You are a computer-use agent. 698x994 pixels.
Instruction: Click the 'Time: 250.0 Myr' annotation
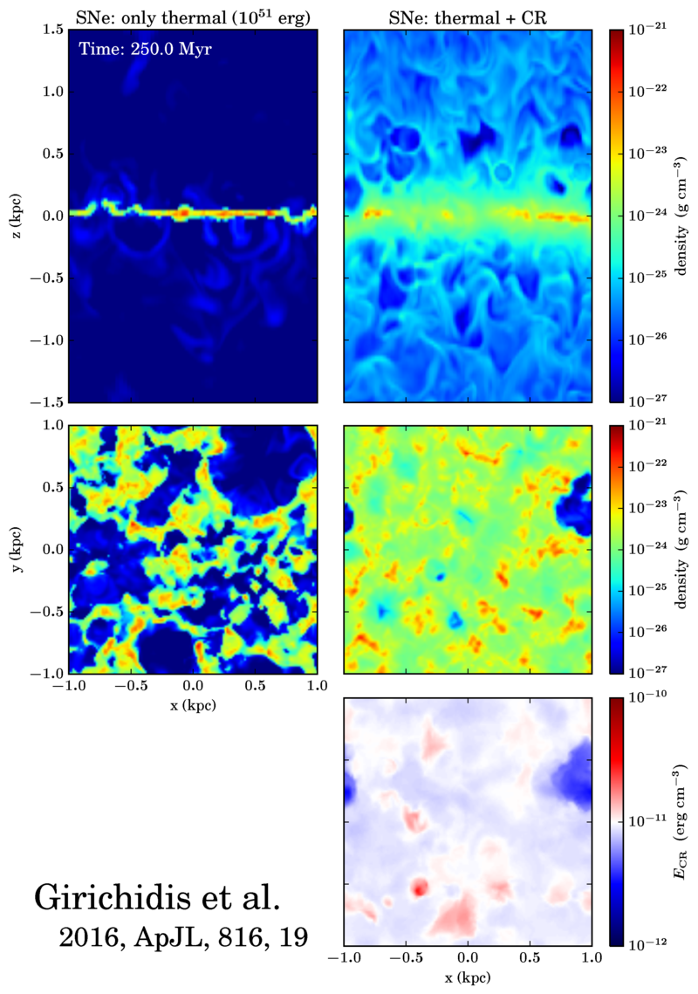[x=144, y=49]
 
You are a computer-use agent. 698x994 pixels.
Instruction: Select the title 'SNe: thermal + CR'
[x=468, y=13]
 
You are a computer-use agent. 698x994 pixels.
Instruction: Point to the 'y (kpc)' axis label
[x=20, y=549]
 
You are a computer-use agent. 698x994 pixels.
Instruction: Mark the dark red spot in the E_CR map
[x=420, y=888]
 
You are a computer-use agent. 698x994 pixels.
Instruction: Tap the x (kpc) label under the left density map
[x=193, y=705]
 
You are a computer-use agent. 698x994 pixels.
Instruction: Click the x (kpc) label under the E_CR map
[x=469, y=978]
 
